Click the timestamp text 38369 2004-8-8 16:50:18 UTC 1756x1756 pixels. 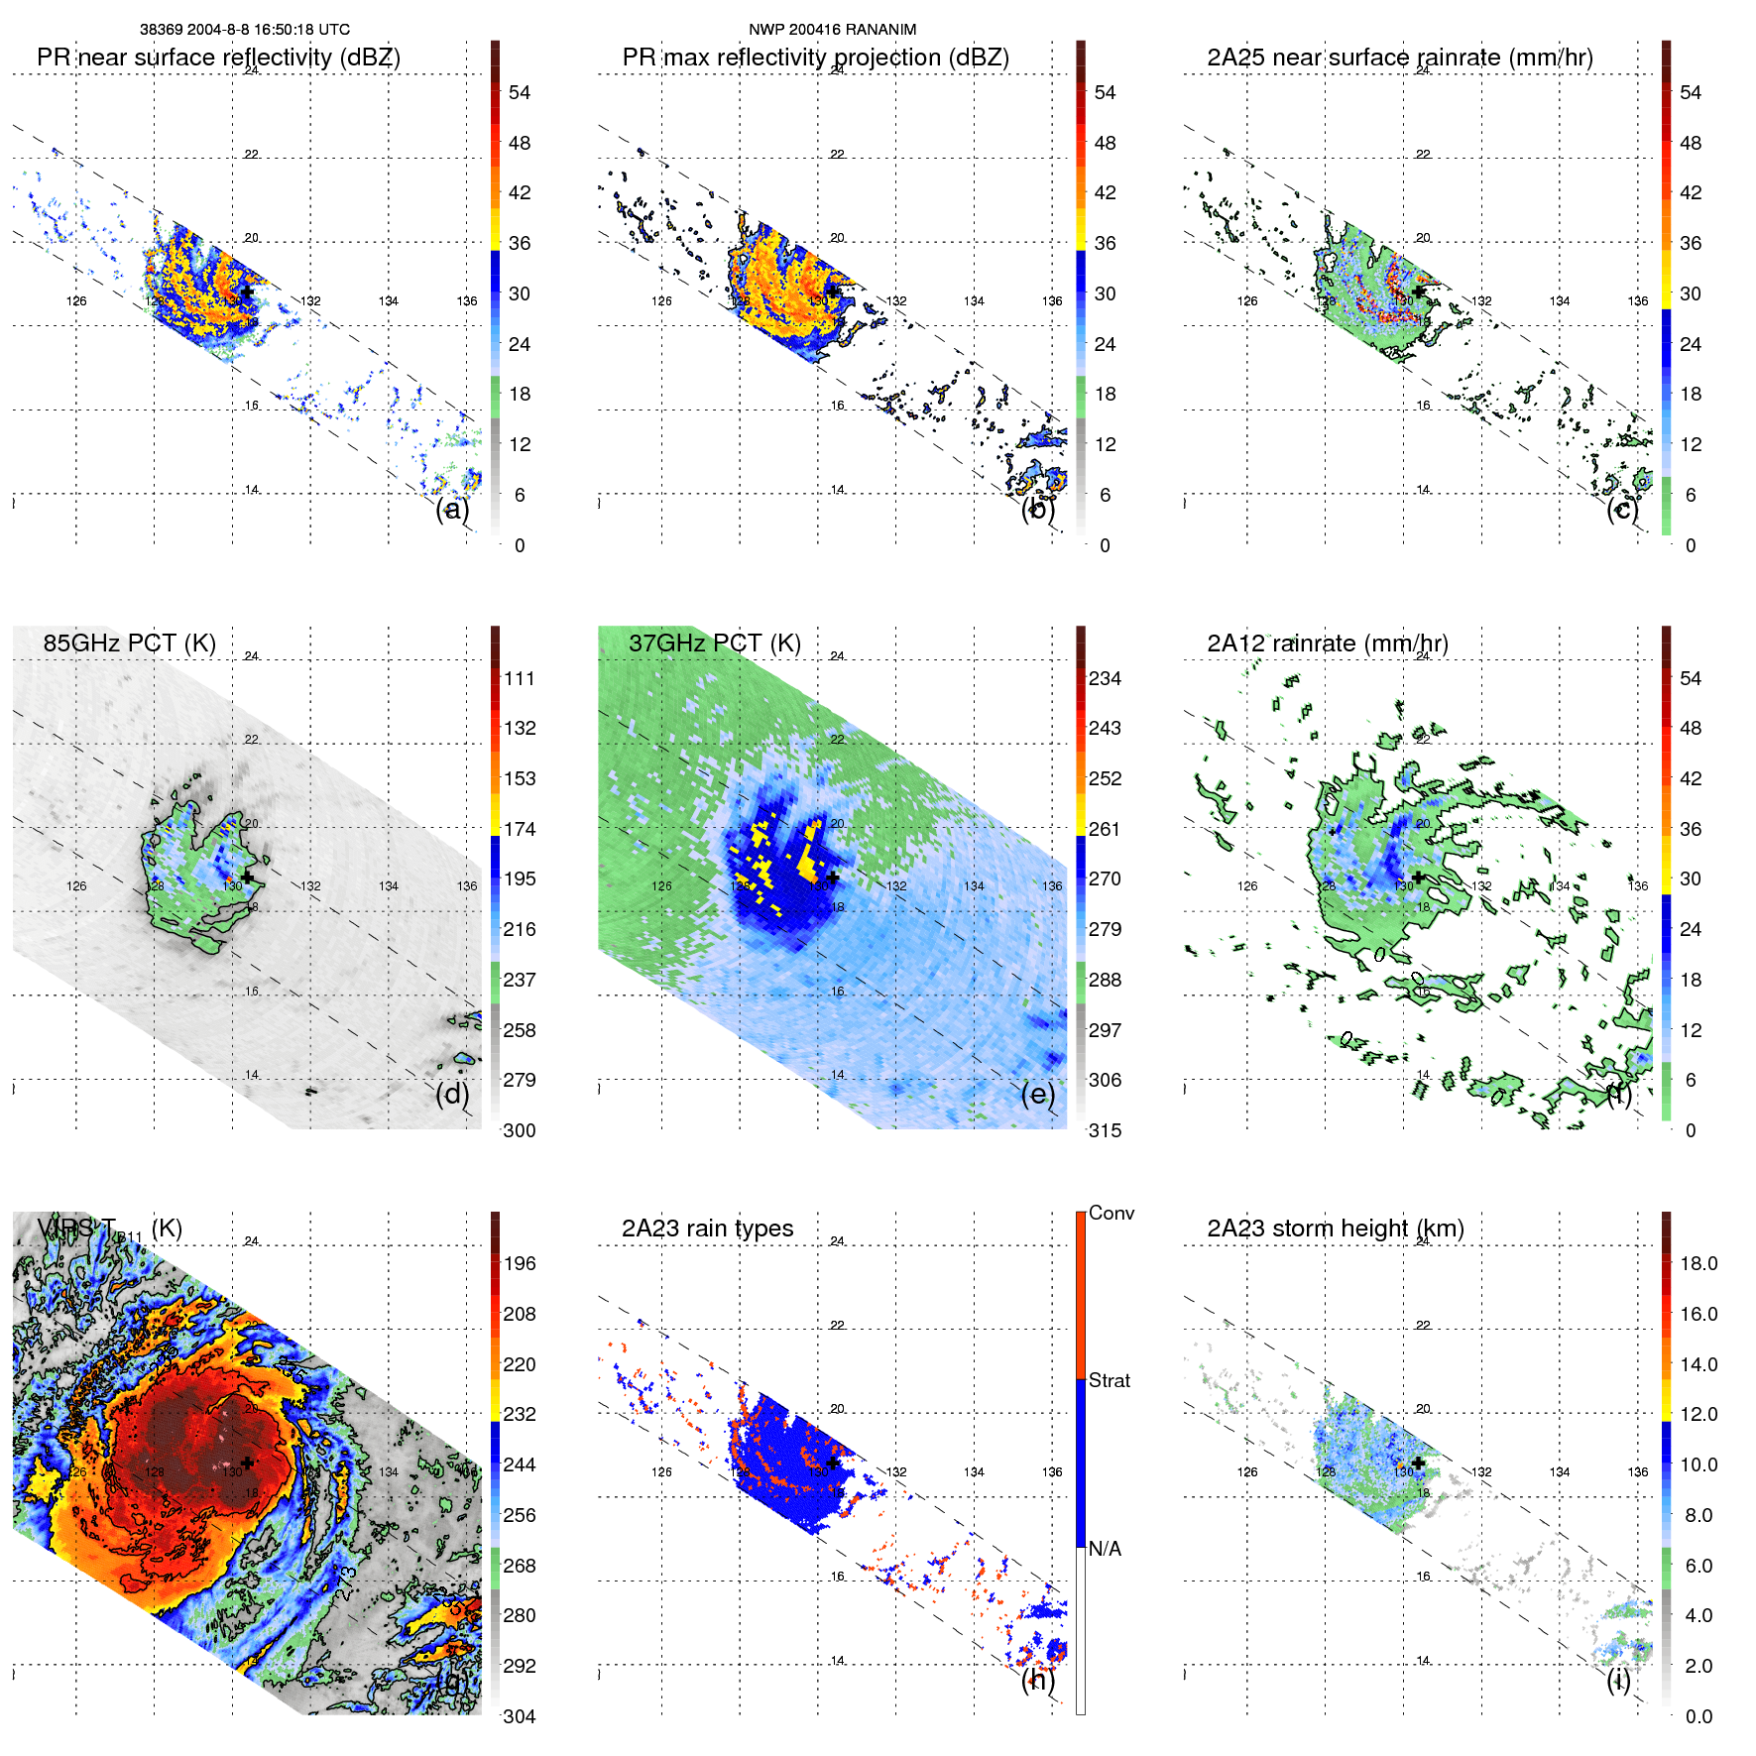point(244,30)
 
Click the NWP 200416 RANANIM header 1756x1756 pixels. point(832,30)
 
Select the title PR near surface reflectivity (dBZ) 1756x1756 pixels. point(218,58)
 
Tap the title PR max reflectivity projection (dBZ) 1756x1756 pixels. point(815,58)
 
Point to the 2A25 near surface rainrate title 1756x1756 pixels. point(1399,58)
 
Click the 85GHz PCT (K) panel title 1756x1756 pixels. point(129,644)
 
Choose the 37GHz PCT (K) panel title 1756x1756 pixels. point(714,644)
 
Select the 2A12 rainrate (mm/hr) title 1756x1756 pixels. point(1327,644)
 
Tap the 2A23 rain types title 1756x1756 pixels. point(707,1229)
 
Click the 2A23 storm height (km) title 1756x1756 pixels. point(1335,1229)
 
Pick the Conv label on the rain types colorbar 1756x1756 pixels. point(1111,1213)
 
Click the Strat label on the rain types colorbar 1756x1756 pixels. point(1109,1380)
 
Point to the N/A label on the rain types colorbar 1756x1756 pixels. point(1105,1549)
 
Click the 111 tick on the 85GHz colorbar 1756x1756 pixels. point(520,679)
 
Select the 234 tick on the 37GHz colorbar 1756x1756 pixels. point(1105,679)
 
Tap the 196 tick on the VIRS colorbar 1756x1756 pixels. point(520,1264)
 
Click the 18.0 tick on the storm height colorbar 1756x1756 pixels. point(1698,1264)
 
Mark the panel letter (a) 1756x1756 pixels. point(452,509)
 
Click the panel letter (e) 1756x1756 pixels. point(1037,1094)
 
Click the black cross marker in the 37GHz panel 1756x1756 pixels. point(832,878)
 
